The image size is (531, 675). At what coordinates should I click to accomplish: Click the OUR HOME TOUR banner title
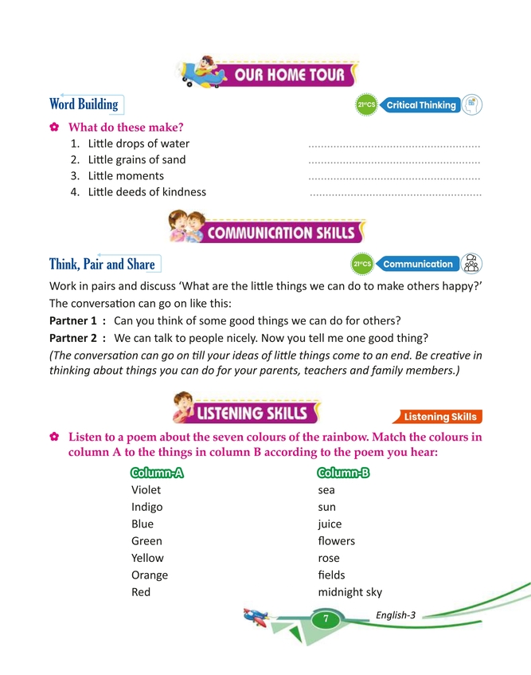[289, 76]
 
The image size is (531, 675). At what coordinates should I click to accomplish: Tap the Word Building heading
[84, 104]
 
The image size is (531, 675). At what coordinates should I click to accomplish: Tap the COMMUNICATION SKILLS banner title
[282, 233]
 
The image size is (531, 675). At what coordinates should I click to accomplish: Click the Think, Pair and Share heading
[102, 264]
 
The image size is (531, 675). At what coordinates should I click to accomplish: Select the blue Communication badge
[417, 264]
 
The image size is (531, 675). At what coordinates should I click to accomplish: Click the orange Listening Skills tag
[439, 416]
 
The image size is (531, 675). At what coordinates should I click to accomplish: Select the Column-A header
[157, 472]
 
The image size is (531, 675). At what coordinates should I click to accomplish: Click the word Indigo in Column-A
[147, 507]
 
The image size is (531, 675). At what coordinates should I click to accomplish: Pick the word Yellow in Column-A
[149, 558]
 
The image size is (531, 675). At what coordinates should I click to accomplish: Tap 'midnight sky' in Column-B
[349, 592]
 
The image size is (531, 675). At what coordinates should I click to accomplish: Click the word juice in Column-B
[330, 524]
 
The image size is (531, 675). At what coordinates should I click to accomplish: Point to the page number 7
[325, 619]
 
